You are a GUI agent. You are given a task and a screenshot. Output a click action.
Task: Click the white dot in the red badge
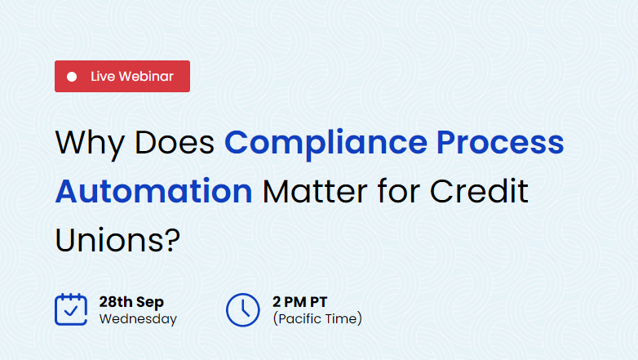(x=72, y=77)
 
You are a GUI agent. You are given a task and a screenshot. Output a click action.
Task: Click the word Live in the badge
(x=103, y=76)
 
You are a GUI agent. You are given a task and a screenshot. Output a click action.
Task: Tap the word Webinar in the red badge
(x=147, y=76)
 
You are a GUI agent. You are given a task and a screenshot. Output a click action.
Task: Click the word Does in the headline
(x=175, y=143)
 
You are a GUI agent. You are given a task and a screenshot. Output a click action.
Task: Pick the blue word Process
(x=500, y=143)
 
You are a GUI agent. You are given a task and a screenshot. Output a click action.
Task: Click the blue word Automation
(x=154, y=191)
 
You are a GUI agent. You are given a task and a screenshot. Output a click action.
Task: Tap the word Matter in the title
(x=315, y=191)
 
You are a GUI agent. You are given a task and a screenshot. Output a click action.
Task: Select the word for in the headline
(x=399, y=190)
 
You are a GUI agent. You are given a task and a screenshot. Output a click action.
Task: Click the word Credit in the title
(x=479, y=190)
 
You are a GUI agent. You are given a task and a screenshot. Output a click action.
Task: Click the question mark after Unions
(x=173, y=239)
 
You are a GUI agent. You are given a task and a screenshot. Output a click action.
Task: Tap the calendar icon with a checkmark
(x=71, y=309)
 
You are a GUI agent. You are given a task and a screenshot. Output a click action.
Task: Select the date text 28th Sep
(x=131, y=302)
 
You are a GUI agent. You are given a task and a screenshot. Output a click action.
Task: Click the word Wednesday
(x=138, y=319)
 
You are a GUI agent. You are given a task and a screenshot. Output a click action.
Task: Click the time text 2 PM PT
(x=300, y=302)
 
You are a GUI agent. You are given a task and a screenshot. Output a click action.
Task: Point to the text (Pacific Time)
(x=317, y=318)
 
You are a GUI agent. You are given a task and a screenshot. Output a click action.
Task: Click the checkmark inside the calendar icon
(x=71, y=311)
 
